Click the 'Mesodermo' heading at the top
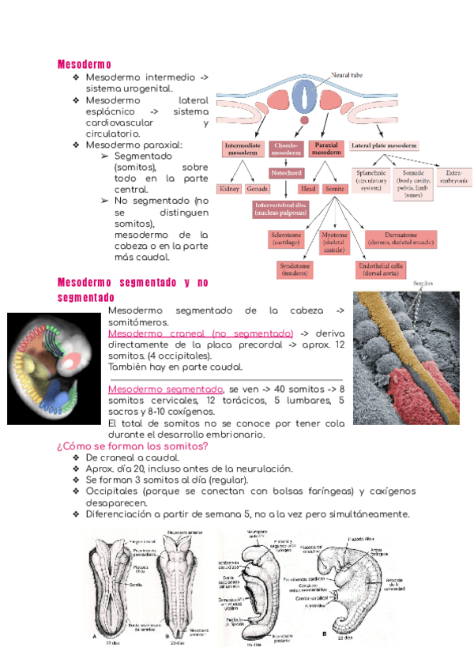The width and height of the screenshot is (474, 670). pyautogui.click(x=85, y=64)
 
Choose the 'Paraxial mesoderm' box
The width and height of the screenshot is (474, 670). pyautogui.click(x=326, y=149)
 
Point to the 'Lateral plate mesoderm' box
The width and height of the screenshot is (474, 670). pyautogui.click(x=385, y=146)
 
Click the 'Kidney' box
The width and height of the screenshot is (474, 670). pyautogui.click(x=230, y=190)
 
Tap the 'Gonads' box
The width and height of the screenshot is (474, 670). pyautogui.click(x=257, y=190)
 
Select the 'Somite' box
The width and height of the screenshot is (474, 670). pyautogui.click(x=336, y=190)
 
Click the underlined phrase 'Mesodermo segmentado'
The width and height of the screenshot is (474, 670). pyautogui.click(x=165, y=390)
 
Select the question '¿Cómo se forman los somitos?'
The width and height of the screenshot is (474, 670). pyautogui.click(x=132, y=446)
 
